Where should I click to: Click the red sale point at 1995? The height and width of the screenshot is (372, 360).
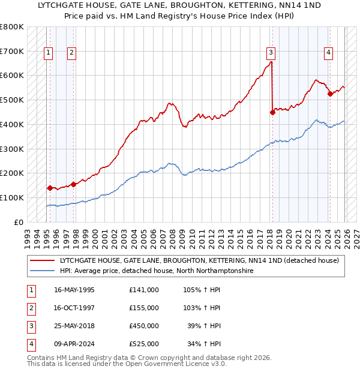pos(50,187)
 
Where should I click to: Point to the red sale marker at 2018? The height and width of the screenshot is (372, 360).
pos(272,112)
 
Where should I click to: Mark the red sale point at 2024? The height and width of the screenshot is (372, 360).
pos(330,93)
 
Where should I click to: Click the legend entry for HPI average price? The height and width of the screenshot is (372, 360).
pos(156,271)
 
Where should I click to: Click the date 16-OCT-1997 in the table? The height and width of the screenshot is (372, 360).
pos(74,308)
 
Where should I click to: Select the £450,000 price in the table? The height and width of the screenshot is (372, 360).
pos(144,326)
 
